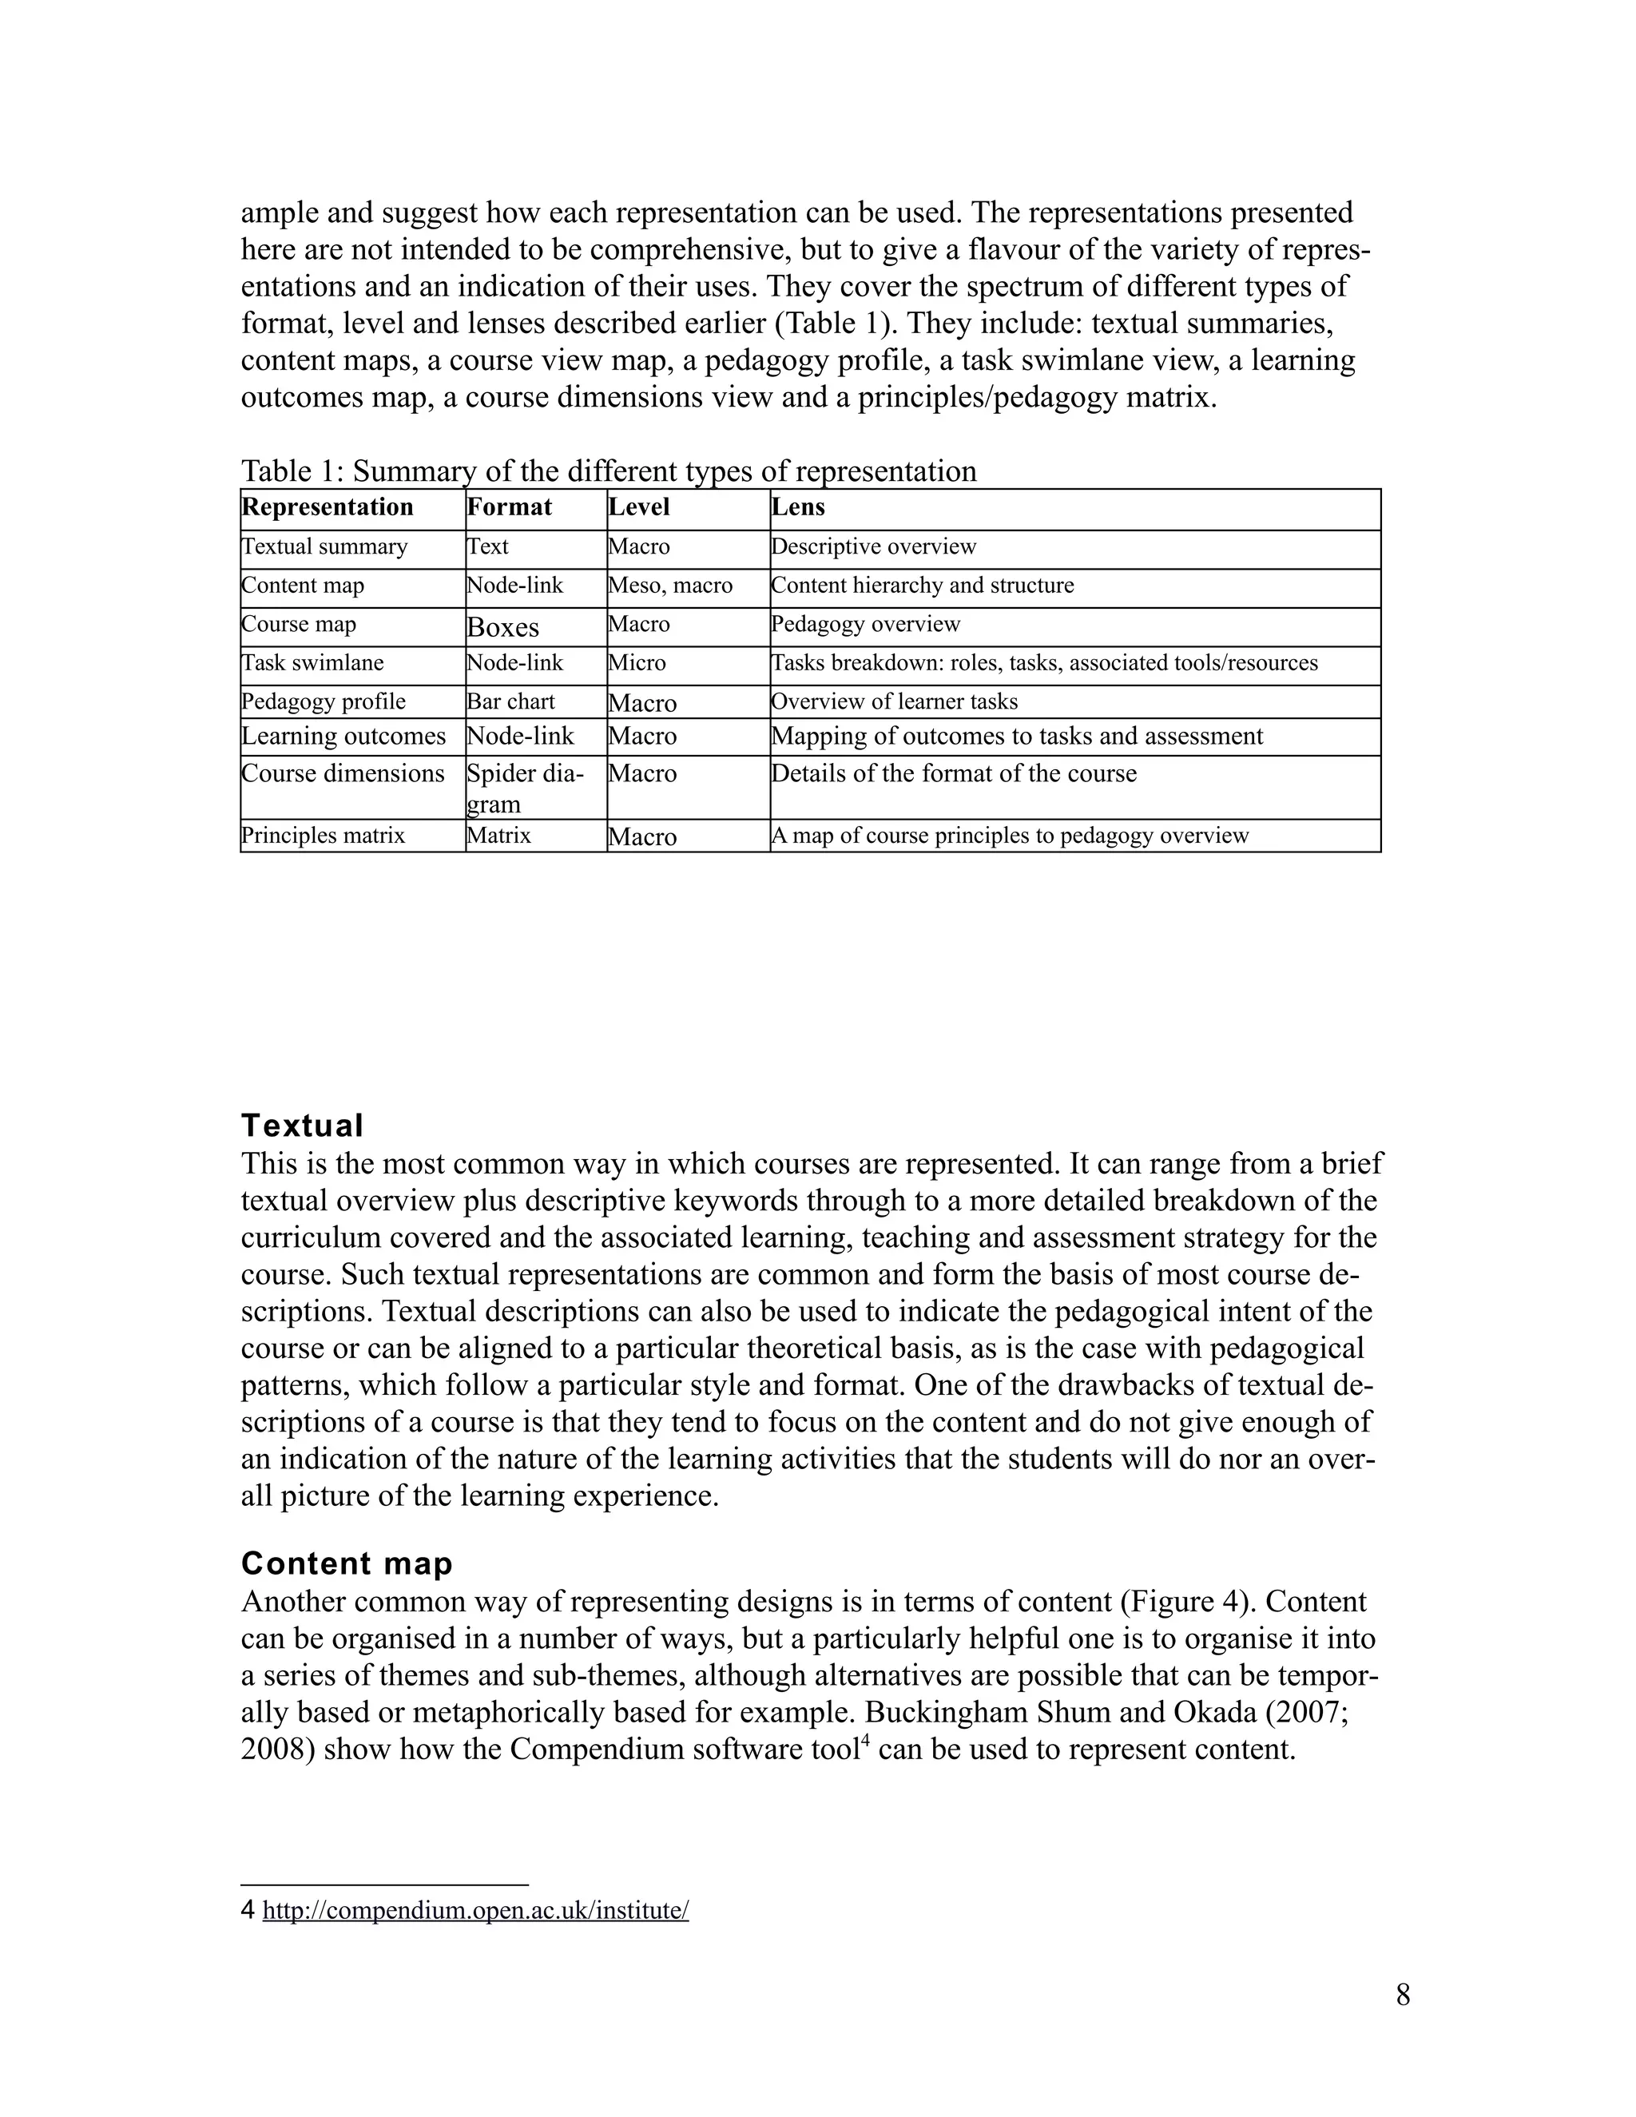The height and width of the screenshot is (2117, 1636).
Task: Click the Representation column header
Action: click(x=328, y=507)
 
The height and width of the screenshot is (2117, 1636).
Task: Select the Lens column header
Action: click(x=798, y=507)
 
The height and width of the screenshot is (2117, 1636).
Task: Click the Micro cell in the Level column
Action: click(x=637, y=663)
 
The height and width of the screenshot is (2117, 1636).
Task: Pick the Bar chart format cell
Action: click(x=510, y=701)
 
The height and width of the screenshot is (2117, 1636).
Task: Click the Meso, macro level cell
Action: click(x=669, y=586)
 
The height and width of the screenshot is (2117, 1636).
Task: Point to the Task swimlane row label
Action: click(x=312, y=663)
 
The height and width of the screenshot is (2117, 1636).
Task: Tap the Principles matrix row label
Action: click(x=323, y=836)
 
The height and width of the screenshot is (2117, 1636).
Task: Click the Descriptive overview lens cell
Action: click(x=873, y=546)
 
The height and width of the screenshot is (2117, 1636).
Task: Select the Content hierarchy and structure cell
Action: click(x=923, y=586)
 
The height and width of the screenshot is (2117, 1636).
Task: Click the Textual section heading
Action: click(x=301, y=1126)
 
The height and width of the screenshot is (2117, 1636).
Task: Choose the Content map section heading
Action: click(x=347, y=1563)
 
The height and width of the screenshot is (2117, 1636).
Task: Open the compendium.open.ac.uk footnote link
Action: click(x=475, y=1911)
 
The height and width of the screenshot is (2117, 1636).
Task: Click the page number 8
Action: click(x=1403, y=1995)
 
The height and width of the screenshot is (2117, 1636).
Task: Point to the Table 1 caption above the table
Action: click(x=609, y=471)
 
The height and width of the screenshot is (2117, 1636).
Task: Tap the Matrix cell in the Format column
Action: click(x=498, y=836)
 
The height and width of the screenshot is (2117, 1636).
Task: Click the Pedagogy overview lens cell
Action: click(x=865, y=624)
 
